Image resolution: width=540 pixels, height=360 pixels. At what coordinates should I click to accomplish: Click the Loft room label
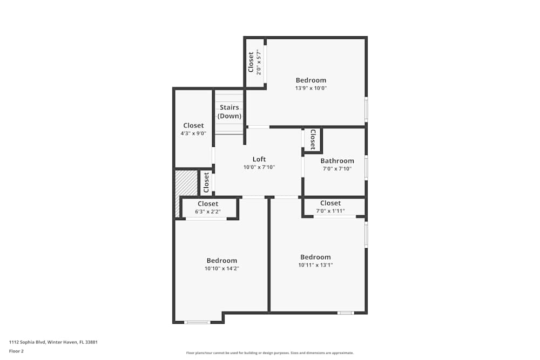(x=259, y=159)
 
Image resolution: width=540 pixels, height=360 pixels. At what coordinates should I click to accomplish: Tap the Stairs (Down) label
(x=230, y=112)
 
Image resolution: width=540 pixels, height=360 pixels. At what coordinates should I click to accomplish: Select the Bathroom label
(x=337, y=161)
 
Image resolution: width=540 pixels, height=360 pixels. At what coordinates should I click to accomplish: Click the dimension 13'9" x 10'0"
(x=310, y=88)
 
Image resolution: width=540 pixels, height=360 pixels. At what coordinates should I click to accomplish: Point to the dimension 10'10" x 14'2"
(x=221, y=268)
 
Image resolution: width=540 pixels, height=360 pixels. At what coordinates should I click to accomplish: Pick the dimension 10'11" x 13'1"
(x=315, y=265)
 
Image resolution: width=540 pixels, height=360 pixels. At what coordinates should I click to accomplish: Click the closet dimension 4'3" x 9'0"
(x=193, y=133)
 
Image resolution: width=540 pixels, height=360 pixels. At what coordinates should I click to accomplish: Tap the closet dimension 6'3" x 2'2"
(x=208, y=212)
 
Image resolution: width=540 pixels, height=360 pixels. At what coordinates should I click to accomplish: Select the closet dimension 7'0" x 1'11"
(x=330, y=211)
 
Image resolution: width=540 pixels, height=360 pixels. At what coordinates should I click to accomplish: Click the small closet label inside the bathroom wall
(x=313, y=139)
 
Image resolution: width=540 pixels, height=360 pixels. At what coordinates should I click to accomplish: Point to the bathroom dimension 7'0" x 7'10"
(x=337, y=168)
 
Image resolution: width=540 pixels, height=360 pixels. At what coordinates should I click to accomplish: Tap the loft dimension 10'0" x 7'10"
(x=259, y=167)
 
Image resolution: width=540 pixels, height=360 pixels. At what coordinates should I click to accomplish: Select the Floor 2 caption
(x=16, y=351)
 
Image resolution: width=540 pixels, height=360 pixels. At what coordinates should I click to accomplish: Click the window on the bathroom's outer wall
(x=366, y=167)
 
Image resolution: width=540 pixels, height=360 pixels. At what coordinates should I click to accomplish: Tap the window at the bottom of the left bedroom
(x=197, y=322)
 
